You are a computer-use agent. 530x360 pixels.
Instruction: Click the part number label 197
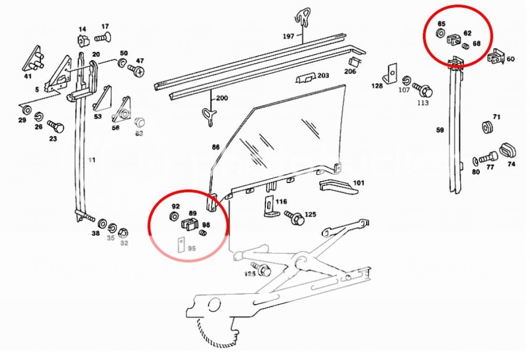click(x=288, y=36)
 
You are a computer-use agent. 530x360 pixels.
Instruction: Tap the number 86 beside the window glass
click(x=215, y=147)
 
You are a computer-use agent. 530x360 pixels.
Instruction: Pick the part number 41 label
click(x=27, y=76)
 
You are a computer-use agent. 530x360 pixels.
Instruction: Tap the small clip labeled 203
click(x=305, y=78)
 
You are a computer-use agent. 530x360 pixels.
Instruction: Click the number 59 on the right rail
click(x=440, y=131)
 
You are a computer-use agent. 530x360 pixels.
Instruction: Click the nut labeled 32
click(x=124, y=232)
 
